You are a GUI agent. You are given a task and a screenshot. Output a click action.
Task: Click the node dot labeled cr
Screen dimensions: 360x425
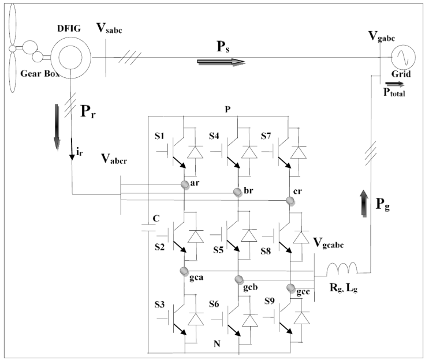[x=290, y=200]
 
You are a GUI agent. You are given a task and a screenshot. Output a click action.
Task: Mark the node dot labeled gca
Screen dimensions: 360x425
[x=184, y=271]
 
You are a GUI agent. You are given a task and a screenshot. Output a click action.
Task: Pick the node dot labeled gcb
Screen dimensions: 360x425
[x=237, y=279]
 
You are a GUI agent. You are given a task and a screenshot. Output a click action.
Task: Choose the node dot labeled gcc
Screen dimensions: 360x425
[x=290, y=287]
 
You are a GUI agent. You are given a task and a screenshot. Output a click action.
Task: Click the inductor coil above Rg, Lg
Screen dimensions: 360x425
[x=341, y=269]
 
